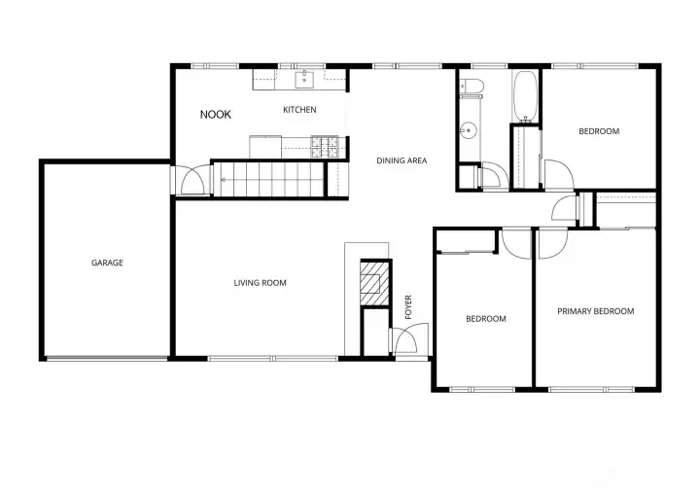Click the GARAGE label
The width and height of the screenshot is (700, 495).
(107, 263)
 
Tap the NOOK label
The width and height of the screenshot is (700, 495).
(216, 115)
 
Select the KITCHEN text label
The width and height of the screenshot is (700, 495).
(299, 110)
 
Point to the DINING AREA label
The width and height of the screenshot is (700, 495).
(402, 160)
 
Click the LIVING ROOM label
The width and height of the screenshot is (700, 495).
(260, 283)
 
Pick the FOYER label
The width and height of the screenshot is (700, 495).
(409, 307)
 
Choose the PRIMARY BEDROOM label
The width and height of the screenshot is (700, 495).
(595, 311)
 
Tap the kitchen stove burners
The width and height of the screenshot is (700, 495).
(325, 147)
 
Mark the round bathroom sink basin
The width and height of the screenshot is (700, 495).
(469, 129)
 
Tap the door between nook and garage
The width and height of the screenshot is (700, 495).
(192, 181)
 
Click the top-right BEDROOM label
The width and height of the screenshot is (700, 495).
(599, 131)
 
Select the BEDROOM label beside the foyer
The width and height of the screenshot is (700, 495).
(485, 319)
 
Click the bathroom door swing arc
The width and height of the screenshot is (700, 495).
(495, 176)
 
